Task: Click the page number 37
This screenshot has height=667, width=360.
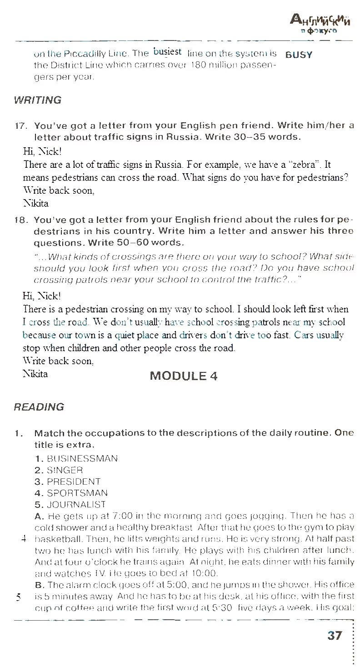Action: [335, 635]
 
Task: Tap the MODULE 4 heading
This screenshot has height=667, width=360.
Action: [184, 376]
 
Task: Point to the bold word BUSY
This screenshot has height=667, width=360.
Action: [299, 55]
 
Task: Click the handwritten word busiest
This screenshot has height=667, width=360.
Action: [168, 52]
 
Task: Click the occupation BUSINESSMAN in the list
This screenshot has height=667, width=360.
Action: [76, 458]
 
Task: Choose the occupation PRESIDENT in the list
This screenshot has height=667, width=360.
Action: [67, 481]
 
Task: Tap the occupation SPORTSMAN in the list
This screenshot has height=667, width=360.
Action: [71, 493]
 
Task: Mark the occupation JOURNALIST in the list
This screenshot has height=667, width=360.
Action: [70, 504]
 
